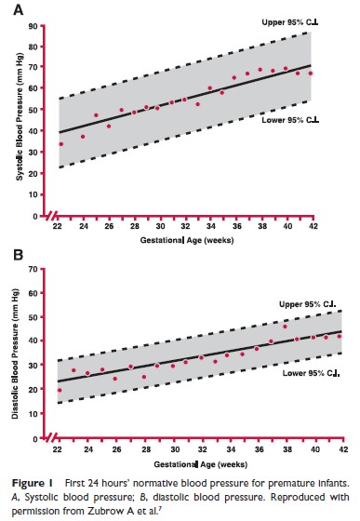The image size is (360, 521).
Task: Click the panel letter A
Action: pyautogui.click(x=19, y=9)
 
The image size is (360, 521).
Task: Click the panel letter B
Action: pyautogui.click(x=18, y=255)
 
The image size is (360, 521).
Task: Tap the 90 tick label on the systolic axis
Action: pyautogui.click(x=33, y=26)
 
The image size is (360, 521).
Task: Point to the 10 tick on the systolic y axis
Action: pyautogui.click(x=33, y=194)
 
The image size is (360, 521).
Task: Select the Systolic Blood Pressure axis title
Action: pyautogui.click(x=20, y=116)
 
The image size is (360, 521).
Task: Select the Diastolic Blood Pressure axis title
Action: pyautogui.click(x=15, y=354)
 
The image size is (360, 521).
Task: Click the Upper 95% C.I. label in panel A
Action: pyautogui.click(x=290, y=22)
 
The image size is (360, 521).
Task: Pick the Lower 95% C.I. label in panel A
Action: pyautogui.click(x=290, y=120)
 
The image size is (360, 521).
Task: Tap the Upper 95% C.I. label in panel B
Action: pyautogui.click(x=308, y=304)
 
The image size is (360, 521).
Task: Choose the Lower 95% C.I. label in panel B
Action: pyautogui.click(x=311, y=373)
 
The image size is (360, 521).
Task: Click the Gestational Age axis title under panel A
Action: pyautogui.click(x=187, y=240)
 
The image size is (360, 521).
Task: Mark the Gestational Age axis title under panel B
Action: pyautogui.click(x=201, y=464)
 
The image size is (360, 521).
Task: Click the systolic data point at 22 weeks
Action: pyautogui.click(x=61, y=144)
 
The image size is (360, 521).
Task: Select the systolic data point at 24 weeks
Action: pyautogui.click(x=83, y=137)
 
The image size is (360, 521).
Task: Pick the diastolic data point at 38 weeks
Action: pyautogui.click(x=285, y=327)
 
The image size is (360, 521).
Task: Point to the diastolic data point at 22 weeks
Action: pyautogui.click(x=60, y=391)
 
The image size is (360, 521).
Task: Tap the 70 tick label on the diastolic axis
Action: pyautogui.click(x=33, y=269)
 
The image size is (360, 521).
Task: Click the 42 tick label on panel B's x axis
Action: pyautogui.click(x=344, y=449)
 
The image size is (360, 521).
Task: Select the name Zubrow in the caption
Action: pyautogui.click(x=107, y=511)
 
